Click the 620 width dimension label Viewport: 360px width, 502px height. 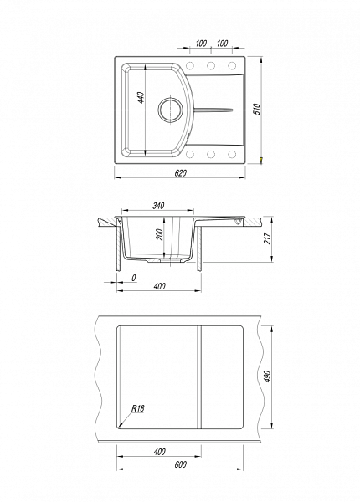pyautogui.click(x=180, y=173)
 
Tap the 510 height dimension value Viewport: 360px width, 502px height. pyautogui.click(x=259, y=110)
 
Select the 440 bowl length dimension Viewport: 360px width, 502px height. pyautogui.click(x=141, y=98)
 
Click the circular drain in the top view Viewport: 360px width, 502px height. pyautogui.click(x=171, y=109)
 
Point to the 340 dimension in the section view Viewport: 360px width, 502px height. pyautogui.click(x=158, y=206)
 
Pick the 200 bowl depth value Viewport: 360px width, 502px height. pyautogui.click(x=161, y=235)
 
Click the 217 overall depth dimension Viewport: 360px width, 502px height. pyautogui.click(x=267, y=238)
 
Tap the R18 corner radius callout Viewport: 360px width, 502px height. pyautogui.click(x=138, y=408)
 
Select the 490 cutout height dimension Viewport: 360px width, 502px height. pyautogui.click(x=267, y=376)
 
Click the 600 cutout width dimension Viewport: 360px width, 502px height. pyautogui.click(x=180, y=464)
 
